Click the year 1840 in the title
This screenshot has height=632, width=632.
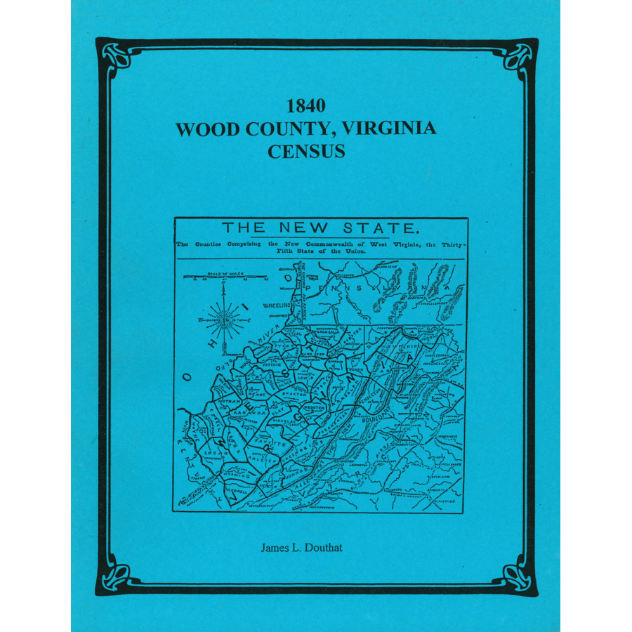305,107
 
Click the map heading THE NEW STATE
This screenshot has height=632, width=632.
321,228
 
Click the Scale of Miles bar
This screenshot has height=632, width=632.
225,277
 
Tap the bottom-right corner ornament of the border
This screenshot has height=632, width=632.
521,579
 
